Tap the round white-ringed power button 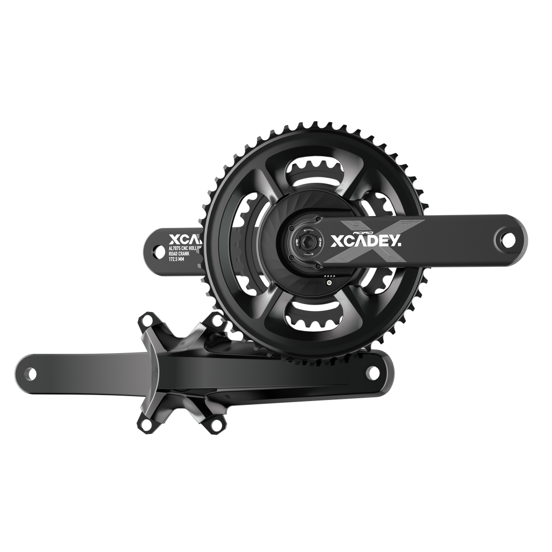tap(329, 281)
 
